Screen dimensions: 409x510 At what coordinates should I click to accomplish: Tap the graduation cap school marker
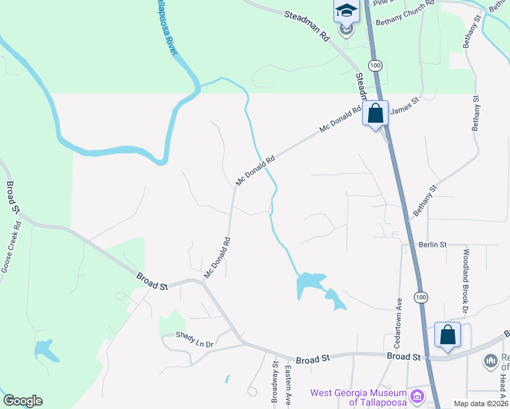(346, 12)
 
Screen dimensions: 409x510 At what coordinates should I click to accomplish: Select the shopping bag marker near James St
(376, 114)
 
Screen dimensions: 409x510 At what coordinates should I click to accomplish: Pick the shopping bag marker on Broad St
(447, 335)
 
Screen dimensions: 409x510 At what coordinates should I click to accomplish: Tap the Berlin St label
(432, 244)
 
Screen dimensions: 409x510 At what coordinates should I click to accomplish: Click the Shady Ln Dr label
(195, 335)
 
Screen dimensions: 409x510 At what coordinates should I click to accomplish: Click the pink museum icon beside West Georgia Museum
(416, 395)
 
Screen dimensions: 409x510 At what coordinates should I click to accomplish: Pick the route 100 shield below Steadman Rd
(374, 65)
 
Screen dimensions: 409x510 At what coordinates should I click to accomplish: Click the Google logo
(22, 401)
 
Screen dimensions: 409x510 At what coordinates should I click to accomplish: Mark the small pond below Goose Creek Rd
(44, 350)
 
